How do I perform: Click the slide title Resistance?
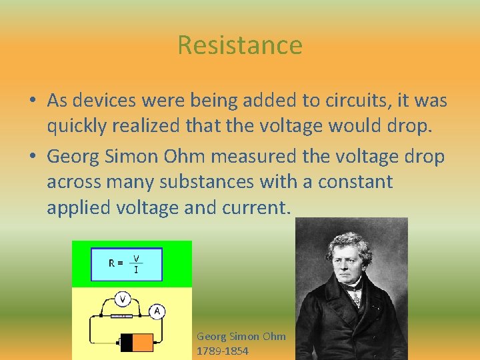240,45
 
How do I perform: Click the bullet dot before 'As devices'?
32,101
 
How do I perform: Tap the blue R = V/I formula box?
126,264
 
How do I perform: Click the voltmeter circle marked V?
123,297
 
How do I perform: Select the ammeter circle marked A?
157,311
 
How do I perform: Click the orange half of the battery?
143,343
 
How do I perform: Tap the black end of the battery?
127,343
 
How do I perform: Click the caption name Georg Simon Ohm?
241,337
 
